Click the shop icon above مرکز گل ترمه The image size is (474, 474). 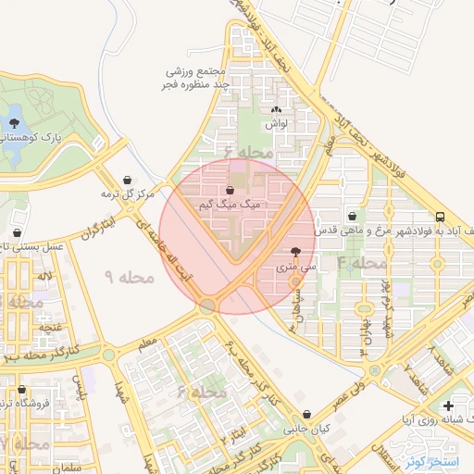click(x=126, y=181)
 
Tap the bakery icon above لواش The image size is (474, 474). click(x=276, y=108)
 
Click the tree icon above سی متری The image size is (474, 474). click(x=295, y=251)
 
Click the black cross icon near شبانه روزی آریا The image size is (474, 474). click(x=448, y=405)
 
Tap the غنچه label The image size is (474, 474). click(x=49, y=328)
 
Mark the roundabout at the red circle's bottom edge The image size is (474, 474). click(x=209, y=306)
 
